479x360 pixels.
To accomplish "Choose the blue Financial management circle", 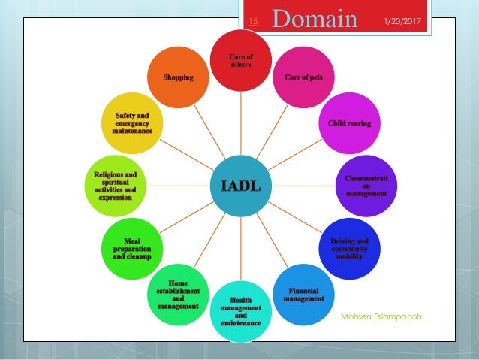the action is click(x=303, y=295).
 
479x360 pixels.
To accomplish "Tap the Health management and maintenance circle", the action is click(x=240, y=311).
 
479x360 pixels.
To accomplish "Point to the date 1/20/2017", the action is click(x=402, y=20).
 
